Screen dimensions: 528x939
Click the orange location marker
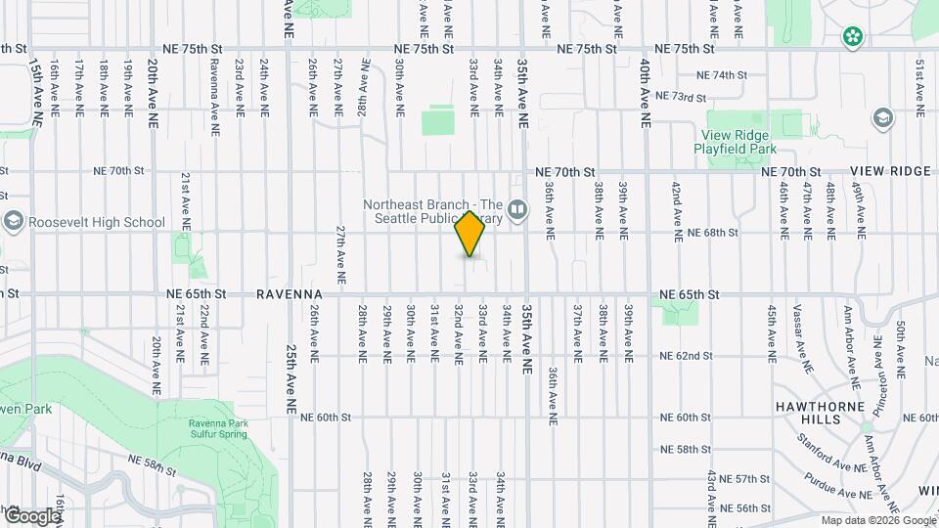470,234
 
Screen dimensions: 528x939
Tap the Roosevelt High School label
97,222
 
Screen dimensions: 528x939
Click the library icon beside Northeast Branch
517,207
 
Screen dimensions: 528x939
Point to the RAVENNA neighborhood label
290,293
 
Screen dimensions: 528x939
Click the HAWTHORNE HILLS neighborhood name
809,412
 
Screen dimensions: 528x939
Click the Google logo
31,514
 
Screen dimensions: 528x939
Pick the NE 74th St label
721,74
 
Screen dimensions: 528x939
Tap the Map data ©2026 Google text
876,520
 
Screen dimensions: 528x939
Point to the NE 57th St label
750,479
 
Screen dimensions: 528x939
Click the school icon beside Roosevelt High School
13,222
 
